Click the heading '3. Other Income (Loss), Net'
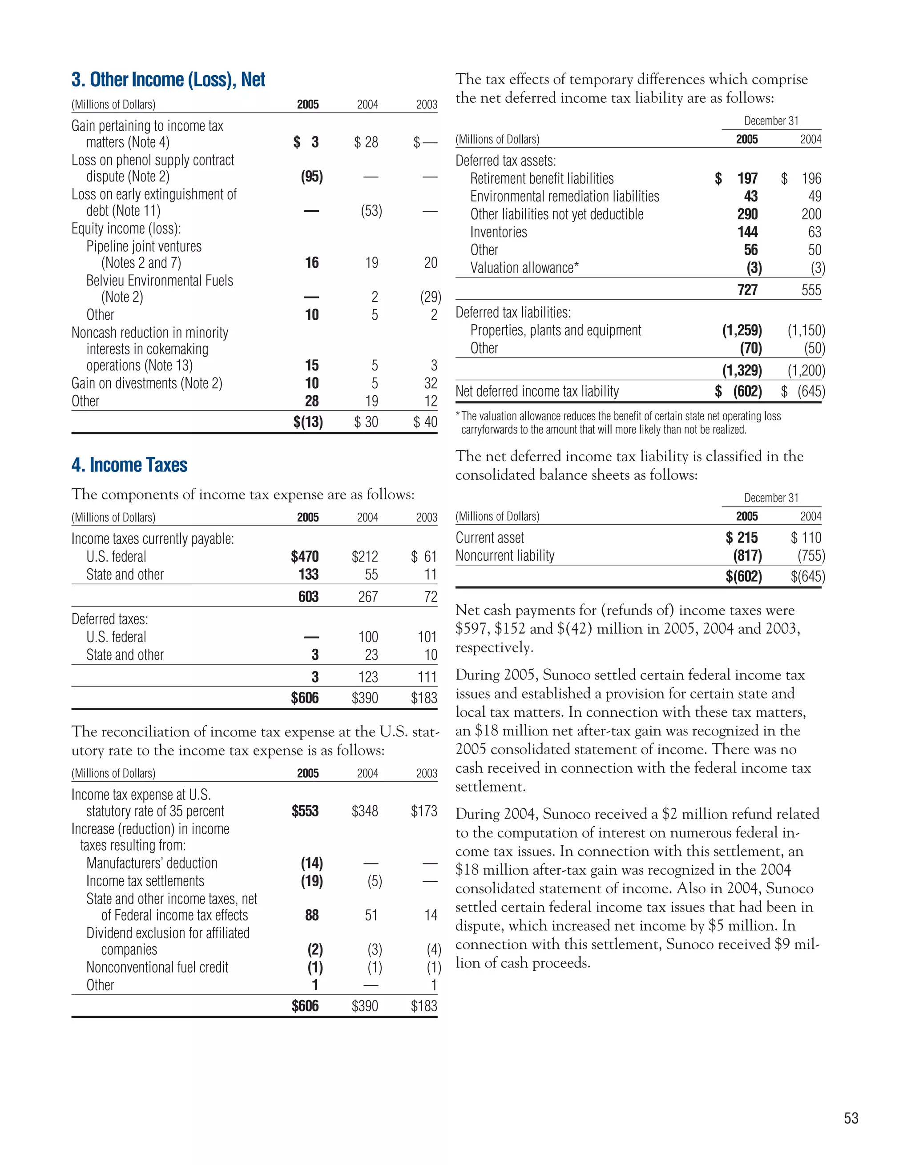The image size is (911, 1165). tap(168, 80)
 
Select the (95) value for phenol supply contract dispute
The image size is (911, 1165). tap(312, 177)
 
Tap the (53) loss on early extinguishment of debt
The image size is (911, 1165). tap(371, 211)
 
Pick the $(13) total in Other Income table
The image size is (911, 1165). tap(308, 422)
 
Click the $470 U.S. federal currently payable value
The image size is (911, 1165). tap(305, 557)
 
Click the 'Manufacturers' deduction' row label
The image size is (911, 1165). tap(152, 864)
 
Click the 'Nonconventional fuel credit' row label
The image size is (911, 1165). tap(157, 968)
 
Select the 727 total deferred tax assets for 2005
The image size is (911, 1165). tap(747, 290)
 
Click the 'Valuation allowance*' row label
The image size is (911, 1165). tap(524, 268)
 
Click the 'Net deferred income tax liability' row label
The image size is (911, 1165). tap(537, 392)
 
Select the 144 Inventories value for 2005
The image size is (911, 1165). tap(747, 232)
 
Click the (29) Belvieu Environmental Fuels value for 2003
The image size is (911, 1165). tap(430, 297)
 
